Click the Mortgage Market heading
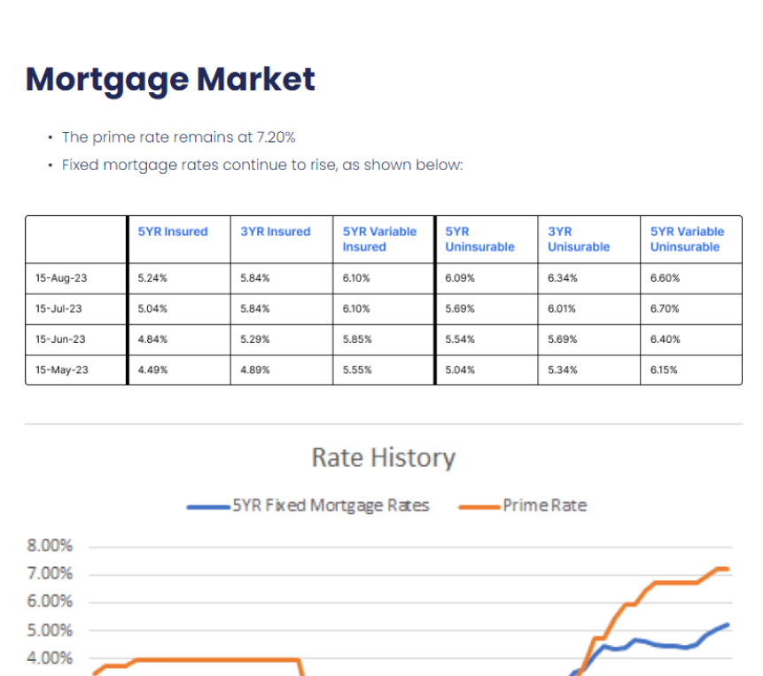(x=170, y=80)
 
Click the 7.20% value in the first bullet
(x=276, y=137)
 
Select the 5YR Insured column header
(x=173, y=231)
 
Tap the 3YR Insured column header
(x=276, y=231)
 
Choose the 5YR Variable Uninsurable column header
(x=688, y=239)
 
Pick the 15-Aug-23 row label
(x=61, y=278)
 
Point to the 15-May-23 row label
(x=61, y=370)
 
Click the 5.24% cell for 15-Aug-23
(x=152, y=278)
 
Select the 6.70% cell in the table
(x=665, y=309)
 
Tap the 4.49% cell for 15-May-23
(x=152, y=370)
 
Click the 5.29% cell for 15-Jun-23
(x=254, y=339)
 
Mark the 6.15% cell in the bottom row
(x=664, y=370)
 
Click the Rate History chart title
(x=383, y=458)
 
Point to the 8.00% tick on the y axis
(x=50, y=546)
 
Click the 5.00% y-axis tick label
(x=50, y=631)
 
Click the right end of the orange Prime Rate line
(x=728, y=569)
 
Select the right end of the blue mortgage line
(x=728, y=625)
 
